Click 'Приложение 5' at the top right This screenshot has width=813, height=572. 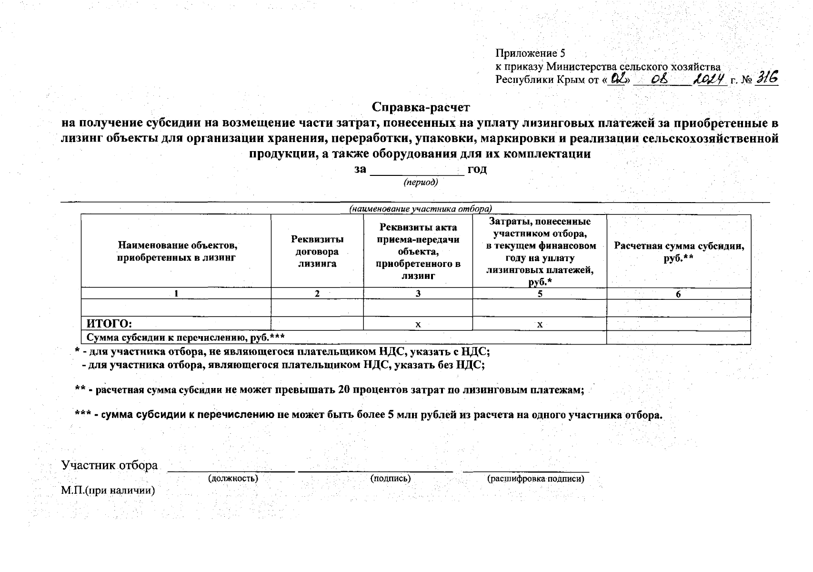tap(530, 53)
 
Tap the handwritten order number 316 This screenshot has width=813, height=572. tap(767, 78)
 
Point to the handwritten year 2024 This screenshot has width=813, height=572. tap(710, 79)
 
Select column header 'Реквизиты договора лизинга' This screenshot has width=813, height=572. tap(317, 251)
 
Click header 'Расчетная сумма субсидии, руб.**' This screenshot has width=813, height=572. tap(679, 252)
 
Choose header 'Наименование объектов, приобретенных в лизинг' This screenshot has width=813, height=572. tap(177, 251)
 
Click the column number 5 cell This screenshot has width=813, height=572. tap(540, 294)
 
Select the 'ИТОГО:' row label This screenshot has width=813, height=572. tap(109, 324)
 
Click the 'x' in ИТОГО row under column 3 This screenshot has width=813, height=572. tap(418, 325)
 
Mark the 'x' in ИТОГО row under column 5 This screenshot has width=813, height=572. tap(540, 325)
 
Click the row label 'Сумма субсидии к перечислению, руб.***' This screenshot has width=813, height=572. tap(185, 337)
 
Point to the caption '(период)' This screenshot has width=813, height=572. tap(421, 183)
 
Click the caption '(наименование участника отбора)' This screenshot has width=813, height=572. tap(421, 209)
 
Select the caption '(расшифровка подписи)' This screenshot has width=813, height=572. tap(535, 479)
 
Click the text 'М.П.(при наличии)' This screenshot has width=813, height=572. tap(108, 490)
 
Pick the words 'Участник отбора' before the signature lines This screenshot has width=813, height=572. tap(110, 465)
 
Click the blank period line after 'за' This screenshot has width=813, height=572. tap(417, 172)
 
